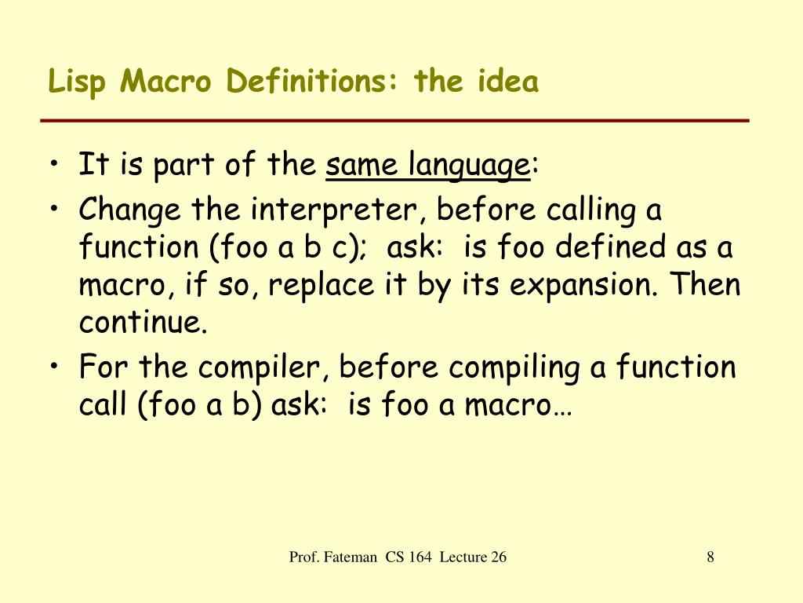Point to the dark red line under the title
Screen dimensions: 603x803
(x=395, y=121)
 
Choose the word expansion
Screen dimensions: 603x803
(x=577, y=285)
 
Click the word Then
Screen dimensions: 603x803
(x=705, y=284)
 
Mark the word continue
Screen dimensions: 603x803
(x=143, y=323)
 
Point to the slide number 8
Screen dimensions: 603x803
(x=710, y=557)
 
